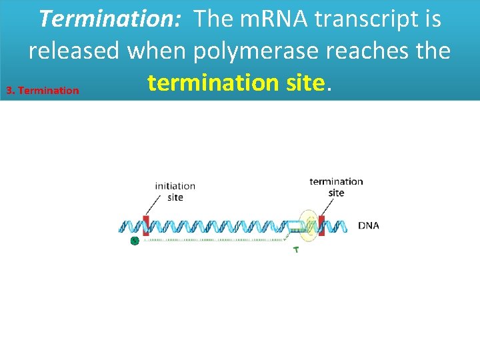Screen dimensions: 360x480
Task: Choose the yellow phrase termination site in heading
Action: click(237, 83)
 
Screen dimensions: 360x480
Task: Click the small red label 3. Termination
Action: click(41, 90)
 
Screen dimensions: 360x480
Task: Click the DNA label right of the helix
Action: click(369, 225)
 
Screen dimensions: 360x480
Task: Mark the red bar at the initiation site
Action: click(146, 225)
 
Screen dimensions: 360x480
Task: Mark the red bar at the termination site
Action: click(321, 225)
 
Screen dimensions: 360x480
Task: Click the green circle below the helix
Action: click(134, 241)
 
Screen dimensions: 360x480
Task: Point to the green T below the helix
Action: click(296, 251)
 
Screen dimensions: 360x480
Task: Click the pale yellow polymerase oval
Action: click(308, 225)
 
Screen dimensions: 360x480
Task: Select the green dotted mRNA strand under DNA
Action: click(213, 239)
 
